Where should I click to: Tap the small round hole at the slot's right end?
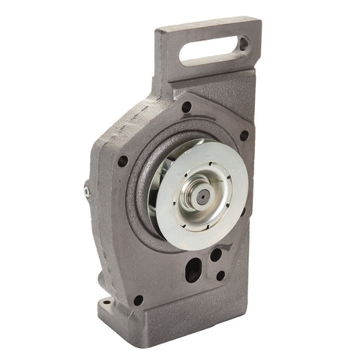(242, 44)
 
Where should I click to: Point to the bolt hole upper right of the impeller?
(244, 136)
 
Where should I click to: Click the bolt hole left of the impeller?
(122, 160)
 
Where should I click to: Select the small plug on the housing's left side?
(88, 191)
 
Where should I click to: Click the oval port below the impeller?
(193, 268)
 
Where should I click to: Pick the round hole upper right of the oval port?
(216, 255)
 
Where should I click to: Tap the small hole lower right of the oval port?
(220, 275)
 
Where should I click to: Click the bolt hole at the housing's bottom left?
(138, 300)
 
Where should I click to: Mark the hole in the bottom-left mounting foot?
(106, 303)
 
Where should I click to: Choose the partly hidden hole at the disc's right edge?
(242, 211)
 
